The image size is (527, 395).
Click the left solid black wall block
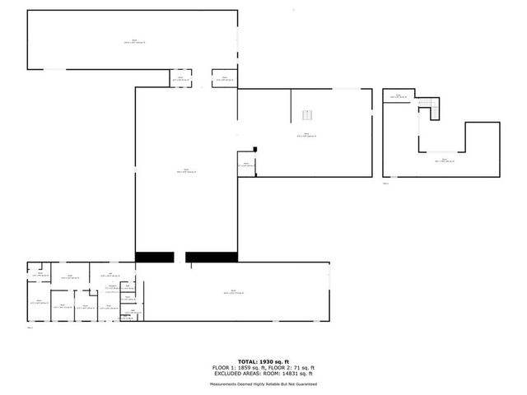(154, 257)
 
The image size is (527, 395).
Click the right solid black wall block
(212, 257)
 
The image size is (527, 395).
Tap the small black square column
(256, 149)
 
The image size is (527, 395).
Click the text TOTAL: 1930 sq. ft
(263, 361)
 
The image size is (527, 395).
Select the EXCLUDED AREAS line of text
(263, 373)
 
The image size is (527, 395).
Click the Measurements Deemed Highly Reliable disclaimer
(263, 384)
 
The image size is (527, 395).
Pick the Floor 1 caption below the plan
(30, 328)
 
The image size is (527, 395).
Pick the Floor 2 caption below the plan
(385, 184)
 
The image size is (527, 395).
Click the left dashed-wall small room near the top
(180, 78)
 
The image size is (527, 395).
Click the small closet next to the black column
(246, 164)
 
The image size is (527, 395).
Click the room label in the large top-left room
(133, 41)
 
